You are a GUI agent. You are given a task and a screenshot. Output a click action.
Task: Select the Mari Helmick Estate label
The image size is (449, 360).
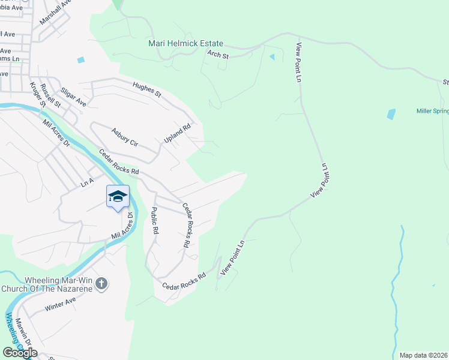(186, 44)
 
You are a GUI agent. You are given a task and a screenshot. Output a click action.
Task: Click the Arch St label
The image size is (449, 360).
(218, 55)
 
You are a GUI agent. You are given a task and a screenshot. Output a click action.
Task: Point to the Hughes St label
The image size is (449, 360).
(146, 91)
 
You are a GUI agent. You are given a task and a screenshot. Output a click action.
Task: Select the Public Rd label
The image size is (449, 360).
(154, 220)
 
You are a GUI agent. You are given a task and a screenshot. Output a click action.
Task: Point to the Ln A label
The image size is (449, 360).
(88, 182)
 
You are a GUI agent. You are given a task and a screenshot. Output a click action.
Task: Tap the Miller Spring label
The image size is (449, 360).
(432, 111)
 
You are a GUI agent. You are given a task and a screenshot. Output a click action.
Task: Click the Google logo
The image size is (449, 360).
(20, 353)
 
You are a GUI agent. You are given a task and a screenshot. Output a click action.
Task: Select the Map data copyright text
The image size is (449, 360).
(423, 355)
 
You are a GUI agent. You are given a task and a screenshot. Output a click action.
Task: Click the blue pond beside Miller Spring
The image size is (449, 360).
(391, 113)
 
